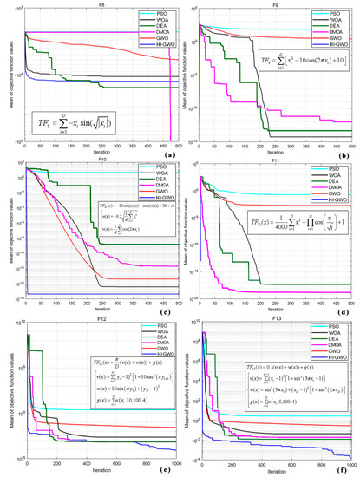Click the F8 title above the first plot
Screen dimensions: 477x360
pyautogui.click(x=100, y=4)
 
